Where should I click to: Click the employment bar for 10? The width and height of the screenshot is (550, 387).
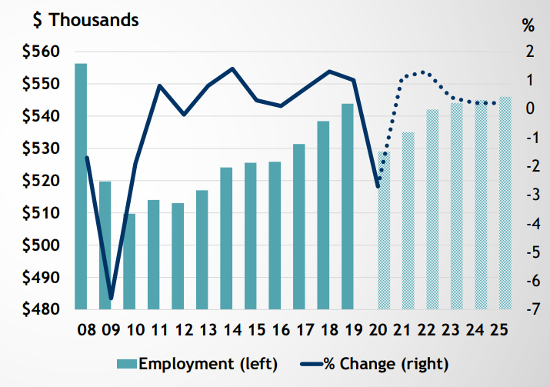pyautogui.click(x=128, y=262)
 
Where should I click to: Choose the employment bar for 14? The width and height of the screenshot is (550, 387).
pyautogui.click(x=226, y=239)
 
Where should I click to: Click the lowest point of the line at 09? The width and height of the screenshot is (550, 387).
pyautogui.click(x=111, y=298)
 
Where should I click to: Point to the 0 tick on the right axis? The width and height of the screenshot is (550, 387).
pyautogui.click(x=528, y=108)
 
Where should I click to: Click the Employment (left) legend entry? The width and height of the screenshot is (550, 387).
pyautogui.click(x=196, y=362)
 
